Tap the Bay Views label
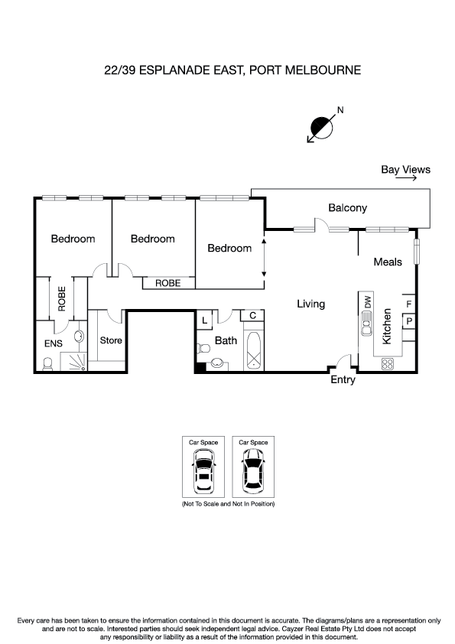405,170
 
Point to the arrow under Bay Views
405,179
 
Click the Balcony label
347,207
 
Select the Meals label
387,262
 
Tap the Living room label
310,304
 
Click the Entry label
342,379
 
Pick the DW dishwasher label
368,301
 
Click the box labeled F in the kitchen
409,304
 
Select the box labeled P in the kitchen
409,320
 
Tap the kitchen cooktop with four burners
387,362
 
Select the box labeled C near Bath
252,315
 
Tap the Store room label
111,340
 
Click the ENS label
53,343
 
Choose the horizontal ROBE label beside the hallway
167,282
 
